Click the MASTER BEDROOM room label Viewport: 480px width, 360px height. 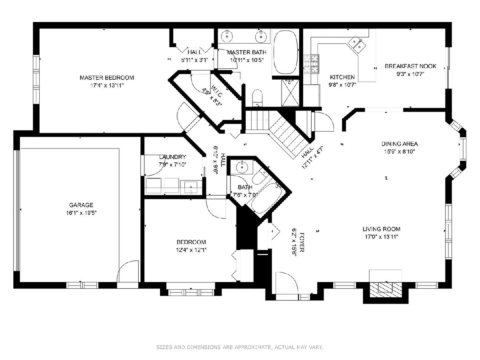(x=107, y=78)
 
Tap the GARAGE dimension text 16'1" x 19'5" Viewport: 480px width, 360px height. (x=81, y=213)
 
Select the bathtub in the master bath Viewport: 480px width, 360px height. (x=286, y=52)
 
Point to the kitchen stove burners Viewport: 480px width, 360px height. (x=311, y=64)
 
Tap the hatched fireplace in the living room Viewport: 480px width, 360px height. (x=386, y=290)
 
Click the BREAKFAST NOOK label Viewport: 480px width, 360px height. (x=410, y=66)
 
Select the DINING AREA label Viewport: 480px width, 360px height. (x=400, y=144)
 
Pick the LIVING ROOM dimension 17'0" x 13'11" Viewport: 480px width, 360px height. (x=381, y=237)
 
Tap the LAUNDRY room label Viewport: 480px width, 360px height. (x=172, y=157)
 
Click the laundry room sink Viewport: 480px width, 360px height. (x=191, y=187)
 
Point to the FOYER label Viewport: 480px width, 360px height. (x=302, y=242)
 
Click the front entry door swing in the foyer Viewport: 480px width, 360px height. (x=287, y=283)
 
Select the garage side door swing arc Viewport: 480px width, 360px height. (x=128, y=271)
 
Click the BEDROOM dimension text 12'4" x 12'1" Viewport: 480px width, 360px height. (x=191, y=250)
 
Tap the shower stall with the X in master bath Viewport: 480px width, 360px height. (x=290, y=93)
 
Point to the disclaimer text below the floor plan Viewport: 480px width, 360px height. (x=240, y=347)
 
